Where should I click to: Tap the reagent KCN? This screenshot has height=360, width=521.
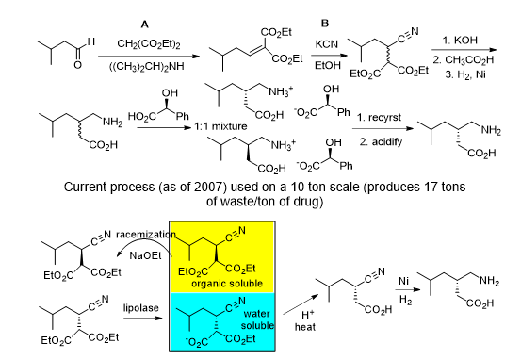326,43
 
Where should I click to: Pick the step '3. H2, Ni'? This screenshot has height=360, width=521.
467,73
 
